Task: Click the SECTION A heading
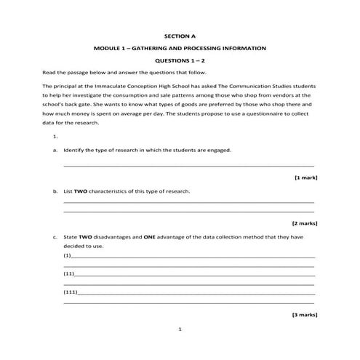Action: (180, 34)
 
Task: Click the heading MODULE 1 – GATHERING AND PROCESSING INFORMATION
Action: (180, 48)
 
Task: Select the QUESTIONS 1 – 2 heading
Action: (180, 61)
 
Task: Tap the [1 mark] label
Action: (305, 177)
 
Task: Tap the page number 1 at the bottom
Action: (180, 329)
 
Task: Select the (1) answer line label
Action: (68, 256)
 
